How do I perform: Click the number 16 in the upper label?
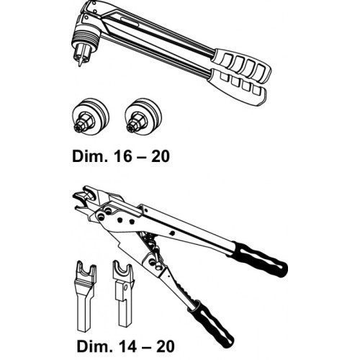(127, 156)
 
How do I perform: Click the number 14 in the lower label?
(131, 346)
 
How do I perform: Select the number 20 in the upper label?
(161, 156)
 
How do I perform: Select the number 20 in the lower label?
(165, 346)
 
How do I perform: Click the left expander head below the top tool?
(91, 117)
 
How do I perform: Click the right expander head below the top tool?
(143, 117)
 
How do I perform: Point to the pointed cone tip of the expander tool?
(79, 62)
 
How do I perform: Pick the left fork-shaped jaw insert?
(84, 296)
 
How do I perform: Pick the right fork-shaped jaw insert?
(123, 294)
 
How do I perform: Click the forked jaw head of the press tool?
(84, 200)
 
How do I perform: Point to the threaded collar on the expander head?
(84, 38)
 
